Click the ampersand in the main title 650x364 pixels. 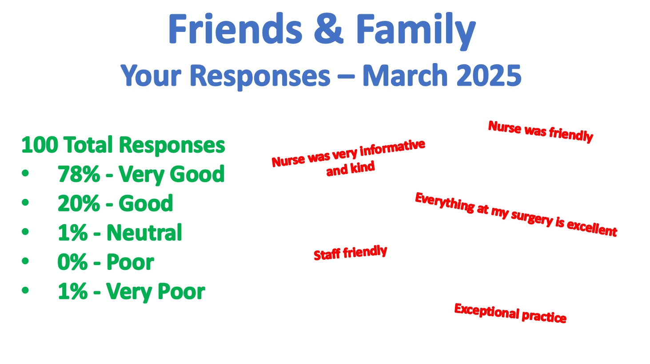[329, 29]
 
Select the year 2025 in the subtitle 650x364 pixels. [489, 75]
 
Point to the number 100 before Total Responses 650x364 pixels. [40, 145]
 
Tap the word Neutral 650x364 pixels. [144, 233]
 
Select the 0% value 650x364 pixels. [72, 262]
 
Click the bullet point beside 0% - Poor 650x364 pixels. [25, 261]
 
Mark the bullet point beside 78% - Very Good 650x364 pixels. [25, 173]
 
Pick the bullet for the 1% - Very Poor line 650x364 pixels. [25, 290]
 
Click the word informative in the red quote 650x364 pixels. [392, 148]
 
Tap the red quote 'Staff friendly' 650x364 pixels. [350, 253]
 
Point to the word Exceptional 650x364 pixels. [487, 311]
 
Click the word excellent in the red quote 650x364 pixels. [592, 228]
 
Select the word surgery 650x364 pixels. [532, 218]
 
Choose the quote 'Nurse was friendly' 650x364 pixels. [541, 131]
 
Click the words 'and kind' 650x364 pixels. [350, 169]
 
